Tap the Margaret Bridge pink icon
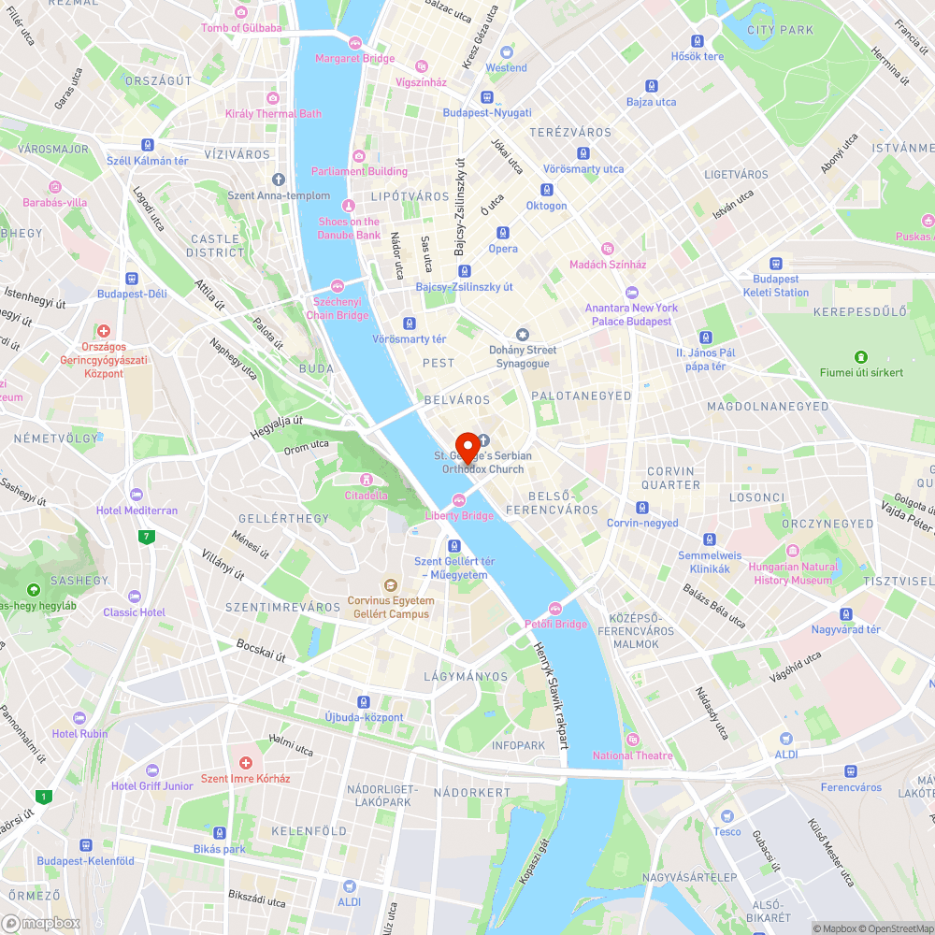[355, 42]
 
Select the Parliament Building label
[359, 171]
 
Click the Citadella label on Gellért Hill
[367, 495]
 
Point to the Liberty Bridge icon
[459, 500]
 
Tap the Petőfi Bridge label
[555, 624]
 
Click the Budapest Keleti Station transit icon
[775, 264]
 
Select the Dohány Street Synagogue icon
[523, 335]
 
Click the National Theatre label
[632, 755]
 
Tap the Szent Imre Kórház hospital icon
[246, 764]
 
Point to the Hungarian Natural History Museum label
[793, 573]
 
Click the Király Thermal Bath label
[273, 114]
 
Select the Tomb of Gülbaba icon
[241, 12]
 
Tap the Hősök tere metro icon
[698, 41]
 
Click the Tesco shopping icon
[726, 816]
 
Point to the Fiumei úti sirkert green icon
[860, 357]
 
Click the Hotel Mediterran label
[137, 511]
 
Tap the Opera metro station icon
[503, 233]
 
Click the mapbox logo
[41, 923]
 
